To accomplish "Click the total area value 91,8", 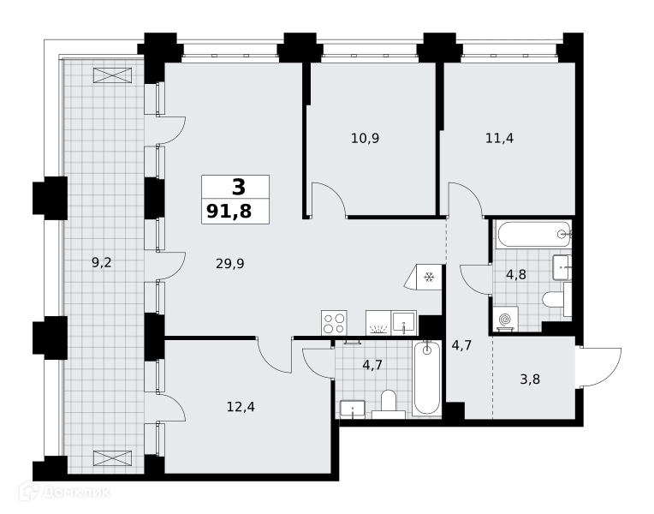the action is [x=229, y=212].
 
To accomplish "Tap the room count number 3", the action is [x=239, y=187].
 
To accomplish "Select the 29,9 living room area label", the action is [x=229, y=264].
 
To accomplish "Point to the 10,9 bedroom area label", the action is [x=365, y=138].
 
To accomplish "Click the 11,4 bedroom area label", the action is [x=499, y=138].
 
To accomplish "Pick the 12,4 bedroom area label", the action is [x=241, y=406].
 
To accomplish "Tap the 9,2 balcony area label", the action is [x=101, y=263].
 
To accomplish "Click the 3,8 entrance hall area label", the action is [x=530, y=380].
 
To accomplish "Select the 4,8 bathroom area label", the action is [x=516, y=275].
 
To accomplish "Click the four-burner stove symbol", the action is [x=334, y=323].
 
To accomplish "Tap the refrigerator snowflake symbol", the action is [x=429, y=277].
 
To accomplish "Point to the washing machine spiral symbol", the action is [x=506, y=320].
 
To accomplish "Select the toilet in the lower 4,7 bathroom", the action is [x=389, y=404].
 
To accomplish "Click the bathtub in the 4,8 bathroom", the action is [x=533, y=234].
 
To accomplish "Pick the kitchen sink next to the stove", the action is [x=404, y=323].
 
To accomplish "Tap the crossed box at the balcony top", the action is [x=113, y=75].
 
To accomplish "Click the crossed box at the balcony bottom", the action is [x=113, y=458].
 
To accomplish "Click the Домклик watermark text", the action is [x=76, y=492].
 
